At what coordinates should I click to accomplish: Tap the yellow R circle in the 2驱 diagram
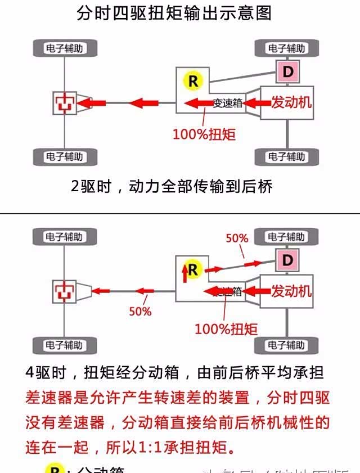point(193,81)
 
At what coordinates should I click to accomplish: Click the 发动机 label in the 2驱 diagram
point(291,102)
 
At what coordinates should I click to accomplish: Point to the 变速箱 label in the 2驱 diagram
point(228,103)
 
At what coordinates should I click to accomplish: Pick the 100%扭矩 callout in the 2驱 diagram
point(204,134)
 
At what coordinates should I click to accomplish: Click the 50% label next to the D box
point(237,238)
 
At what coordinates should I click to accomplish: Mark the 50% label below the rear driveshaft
point(140,311)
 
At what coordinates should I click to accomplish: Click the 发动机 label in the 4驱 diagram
point(291,291)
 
